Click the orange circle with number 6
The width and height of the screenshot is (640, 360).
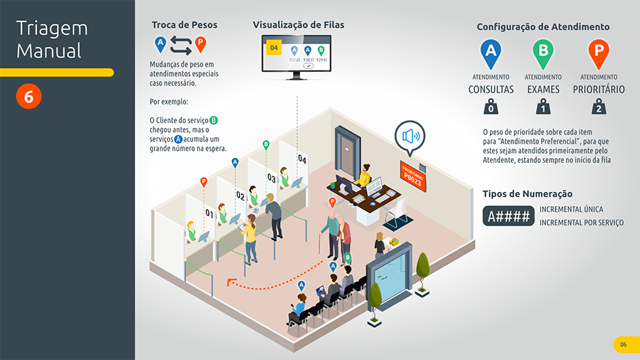28,97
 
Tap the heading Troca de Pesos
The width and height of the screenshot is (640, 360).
184,25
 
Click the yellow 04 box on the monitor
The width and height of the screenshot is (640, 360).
274,48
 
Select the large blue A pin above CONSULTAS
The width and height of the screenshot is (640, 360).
489,52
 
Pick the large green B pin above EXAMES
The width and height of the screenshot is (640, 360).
543,52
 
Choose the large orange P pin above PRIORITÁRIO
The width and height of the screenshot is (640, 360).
599,52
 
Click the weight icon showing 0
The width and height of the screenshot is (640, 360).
489,107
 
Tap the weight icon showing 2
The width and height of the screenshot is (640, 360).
599,107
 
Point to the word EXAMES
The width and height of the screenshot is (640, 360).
543,90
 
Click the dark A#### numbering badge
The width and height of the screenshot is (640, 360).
508,216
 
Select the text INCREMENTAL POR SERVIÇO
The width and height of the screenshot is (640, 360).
581,223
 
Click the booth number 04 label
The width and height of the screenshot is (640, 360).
302,159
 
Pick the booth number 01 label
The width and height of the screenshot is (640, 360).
209,213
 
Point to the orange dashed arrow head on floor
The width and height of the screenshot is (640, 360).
230,282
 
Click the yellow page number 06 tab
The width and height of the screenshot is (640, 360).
623,345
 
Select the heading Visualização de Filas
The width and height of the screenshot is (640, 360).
298,25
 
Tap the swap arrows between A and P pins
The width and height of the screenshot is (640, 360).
181,46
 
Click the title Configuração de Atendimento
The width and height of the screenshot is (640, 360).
543,27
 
